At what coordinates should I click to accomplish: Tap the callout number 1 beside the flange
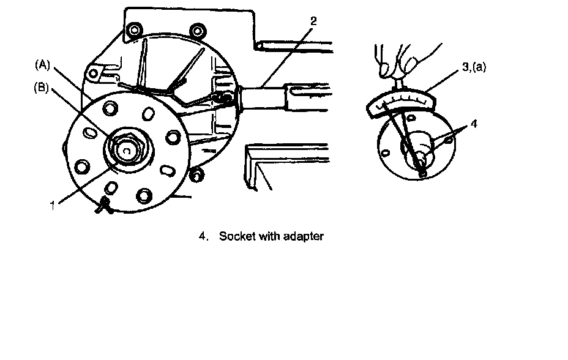(x=53, y=206)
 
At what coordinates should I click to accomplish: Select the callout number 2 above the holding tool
(x=313, y=21)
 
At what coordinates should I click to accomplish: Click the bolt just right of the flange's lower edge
(x=196, y=175)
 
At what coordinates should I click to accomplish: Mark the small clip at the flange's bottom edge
(x=104, y=204)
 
